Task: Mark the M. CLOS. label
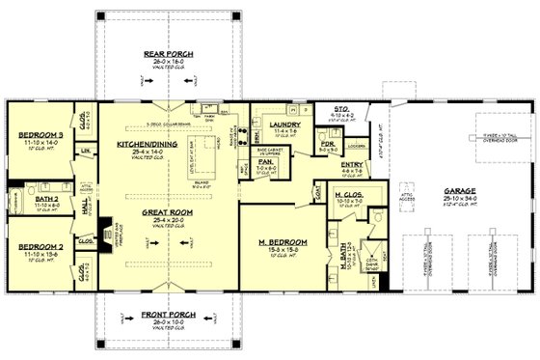(347, 196)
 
